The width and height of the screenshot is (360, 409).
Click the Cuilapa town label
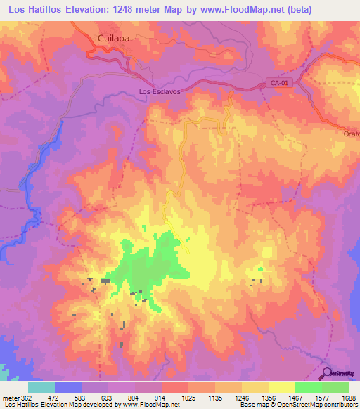(x=112, y=40)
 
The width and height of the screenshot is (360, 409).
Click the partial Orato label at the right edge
(x=352, y=134)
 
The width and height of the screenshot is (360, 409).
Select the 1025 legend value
(x=188, y=398)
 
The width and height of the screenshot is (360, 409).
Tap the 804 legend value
(x=135, y=398)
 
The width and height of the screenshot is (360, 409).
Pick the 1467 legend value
(x=295, y=398)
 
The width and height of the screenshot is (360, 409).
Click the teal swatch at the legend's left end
(x=41, y=387)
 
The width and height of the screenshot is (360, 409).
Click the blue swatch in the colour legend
(x=68, y=387)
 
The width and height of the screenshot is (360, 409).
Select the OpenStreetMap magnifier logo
(x=328, y=373)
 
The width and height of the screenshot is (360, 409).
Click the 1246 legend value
(x=241, y=398)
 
